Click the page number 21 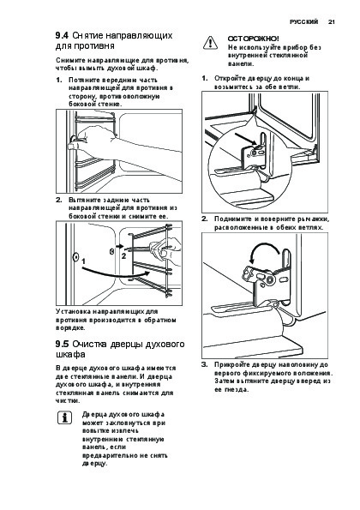coord(331,22)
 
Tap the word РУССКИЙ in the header coord(303,22)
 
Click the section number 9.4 coord(62,35)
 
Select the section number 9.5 coord(62,344)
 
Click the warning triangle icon coord(210,43)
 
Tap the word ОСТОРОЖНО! coord(254,39)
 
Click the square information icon coord(65,417)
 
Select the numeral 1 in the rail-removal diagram coord(84,261)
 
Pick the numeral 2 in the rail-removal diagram coord(123,256)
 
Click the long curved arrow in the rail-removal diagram coord(116,275)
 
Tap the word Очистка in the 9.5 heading coord(89,344)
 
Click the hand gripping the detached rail coord(165,249)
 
